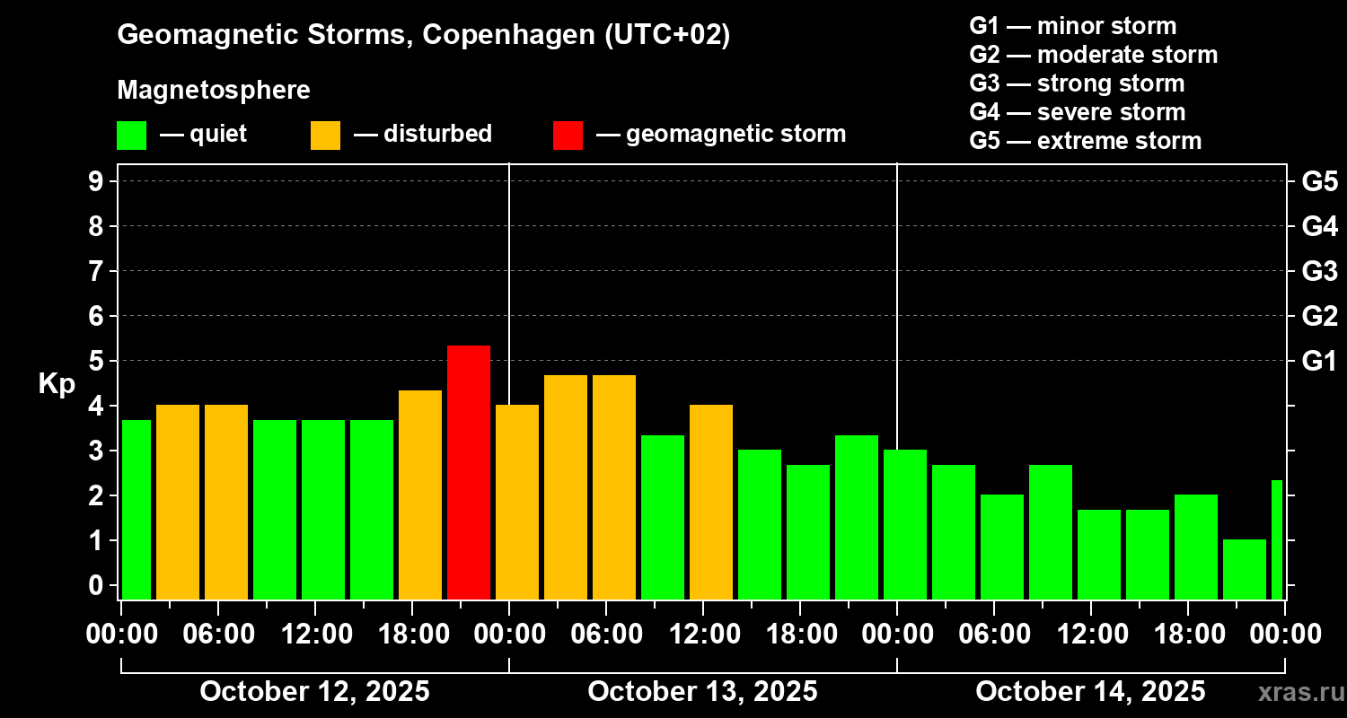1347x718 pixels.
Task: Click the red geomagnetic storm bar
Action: pyautogui.click(x=469, y=472)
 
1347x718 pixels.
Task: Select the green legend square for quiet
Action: pyautogui.click(x=131, y=135)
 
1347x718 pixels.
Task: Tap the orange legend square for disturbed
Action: pyautogui.click(x=325, y=135)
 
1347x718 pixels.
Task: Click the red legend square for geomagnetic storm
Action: pyautogui.click(x=568, y=135)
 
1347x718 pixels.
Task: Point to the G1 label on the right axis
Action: pyautogui.click(x=1319, y=362)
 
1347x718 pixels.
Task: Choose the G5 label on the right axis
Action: pyautogui.click(x=1319, y=182)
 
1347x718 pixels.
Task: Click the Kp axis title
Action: pyautogui.click(x=57, y=384)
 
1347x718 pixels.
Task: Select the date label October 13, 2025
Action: pyautogui.click(x=702, y=692)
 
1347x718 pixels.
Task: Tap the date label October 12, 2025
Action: pyautogui.click(x=314, y=692)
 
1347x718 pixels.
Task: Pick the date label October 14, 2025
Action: pyautogui.click(x=1090, y=692)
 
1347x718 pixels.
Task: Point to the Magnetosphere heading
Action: pyautogui.click(x=214, y=91)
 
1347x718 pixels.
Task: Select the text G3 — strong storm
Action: pyautogui.click(x=1077, y=83)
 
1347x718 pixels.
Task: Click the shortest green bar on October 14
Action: pyautogui.click(x=1244, y=569)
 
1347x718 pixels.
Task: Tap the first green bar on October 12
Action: pyautogui.click(x=136, y=509)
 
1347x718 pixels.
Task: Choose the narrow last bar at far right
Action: pyautogui.click(x=1277, y=539)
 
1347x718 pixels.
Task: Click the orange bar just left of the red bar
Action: pyautogui.click(x=420, y=495)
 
